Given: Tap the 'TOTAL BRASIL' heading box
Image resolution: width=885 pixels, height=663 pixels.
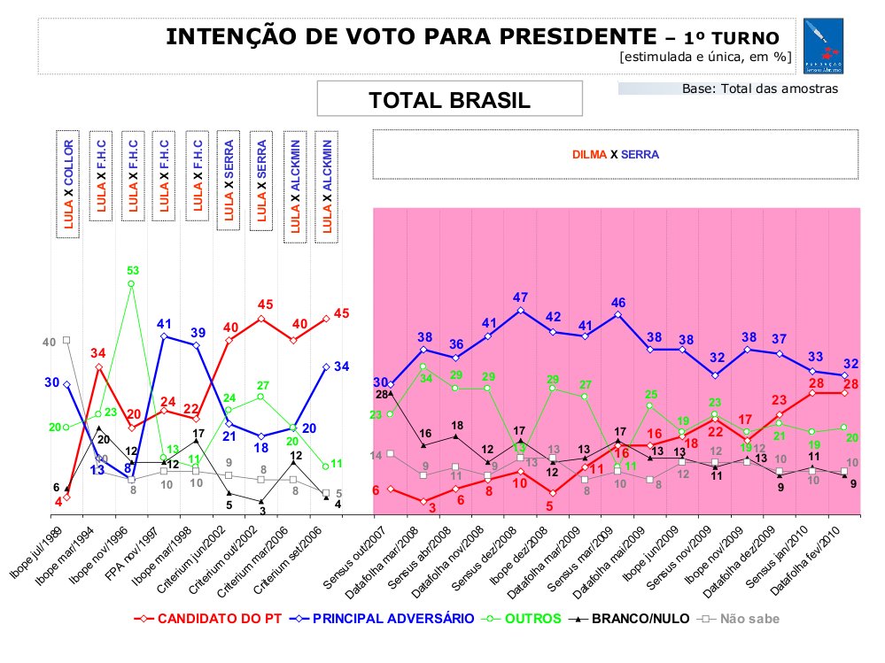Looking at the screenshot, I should tap(449, 100).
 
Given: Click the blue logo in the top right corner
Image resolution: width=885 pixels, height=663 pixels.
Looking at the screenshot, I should tap(824, 46).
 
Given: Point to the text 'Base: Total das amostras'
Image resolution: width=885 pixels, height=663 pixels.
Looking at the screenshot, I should tap(759, 89).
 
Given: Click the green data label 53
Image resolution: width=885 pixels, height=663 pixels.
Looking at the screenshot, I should tap(132, 270).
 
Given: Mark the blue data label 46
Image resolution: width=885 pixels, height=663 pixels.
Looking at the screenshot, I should tap(618, 303).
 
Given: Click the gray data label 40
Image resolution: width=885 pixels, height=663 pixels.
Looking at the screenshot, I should tap(50, 342).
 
